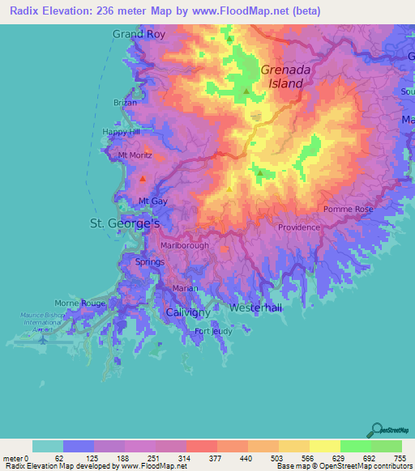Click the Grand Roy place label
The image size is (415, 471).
pyautogui.click(x=139, y=34)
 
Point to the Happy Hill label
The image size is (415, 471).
pyautogui.click(x=121, y=131)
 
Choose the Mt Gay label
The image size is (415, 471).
pyautogui.click(x=153, y=201)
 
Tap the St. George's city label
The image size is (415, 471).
pyautogui.click(x=124, y=223)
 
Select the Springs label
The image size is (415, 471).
pyautogui.click(x=150, y=261)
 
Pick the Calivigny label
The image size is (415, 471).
pyautogui.click(x=188, y=312)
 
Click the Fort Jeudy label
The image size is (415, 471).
pyautogui.click(x=213, y=331)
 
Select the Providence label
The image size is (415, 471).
pyautogui.click(x=299, y=227)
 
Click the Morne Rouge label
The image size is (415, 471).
pyautogui.click(x=80, y=303)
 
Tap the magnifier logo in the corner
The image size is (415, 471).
pyautogui.click(x=378, y=430)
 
